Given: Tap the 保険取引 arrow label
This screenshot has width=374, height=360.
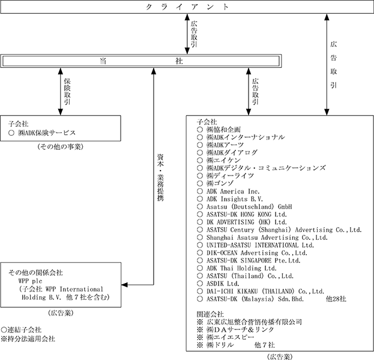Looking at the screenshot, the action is pyautogui.click(x=67, y=91).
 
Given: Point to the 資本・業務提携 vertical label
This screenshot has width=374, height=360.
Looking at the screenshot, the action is pyautogui.click(x=160, y=178).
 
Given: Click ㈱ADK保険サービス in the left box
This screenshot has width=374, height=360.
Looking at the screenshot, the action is pyautogui.click(x=47, y=133).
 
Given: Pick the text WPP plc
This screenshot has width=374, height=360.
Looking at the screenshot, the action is pyautogui.click(x=30, y=281).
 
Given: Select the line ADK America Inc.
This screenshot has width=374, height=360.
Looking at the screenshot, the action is pyautogui.click(x=233, y=192).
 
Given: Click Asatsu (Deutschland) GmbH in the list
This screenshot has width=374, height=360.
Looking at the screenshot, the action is pyautogui.click(x=249, y=207).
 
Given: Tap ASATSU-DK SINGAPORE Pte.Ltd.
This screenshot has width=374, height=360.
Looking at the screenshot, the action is pyautogui.click(x=253, y=260).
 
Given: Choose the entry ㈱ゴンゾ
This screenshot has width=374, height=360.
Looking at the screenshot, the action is pyautogui.click(x=220, y=183).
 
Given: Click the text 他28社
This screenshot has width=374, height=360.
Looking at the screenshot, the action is pyautogui.click(x=336, y=299).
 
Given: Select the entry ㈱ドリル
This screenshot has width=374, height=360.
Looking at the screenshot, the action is pyautogui.click(x=220, y=345).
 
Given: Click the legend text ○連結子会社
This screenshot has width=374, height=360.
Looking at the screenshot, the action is pyautogui.click(x=21, y=330).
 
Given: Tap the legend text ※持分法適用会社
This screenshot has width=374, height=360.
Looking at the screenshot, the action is pyautogui.click(x=28, y=339).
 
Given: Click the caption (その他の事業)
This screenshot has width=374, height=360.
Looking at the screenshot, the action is pyautogui.click(x=61, y=147).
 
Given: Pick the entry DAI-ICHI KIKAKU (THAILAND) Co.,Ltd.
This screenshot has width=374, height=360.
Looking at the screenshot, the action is pyautogui.click(x=265, y=291).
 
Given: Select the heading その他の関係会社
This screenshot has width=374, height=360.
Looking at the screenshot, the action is pyautogui.click(x=35, y=273).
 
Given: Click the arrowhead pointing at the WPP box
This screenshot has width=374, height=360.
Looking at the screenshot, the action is pyautogui.click(x=124, y=285).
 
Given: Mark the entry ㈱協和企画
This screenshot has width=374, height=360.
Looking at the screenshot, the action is pyautogui.click(x=223, y=130).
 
